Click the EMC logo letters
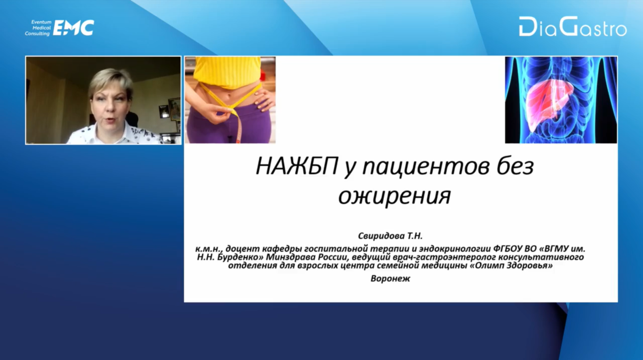(73, 28)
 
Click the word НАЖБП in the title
(297, 167)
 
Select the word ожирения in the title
(395, 197)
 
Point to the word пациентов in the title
(426, 167)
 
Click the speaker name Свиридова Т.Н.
(391, 236)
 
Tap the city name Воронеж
(391, 279)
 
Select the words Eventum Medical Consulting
(38, 28)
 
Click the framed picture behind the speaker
(174, 109)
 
